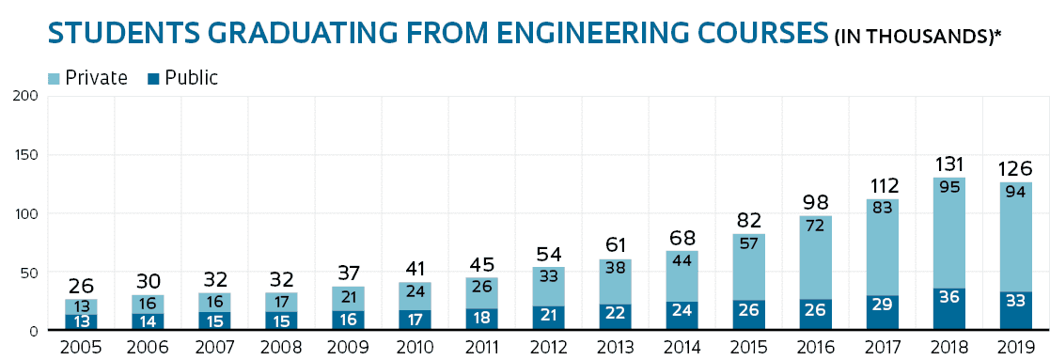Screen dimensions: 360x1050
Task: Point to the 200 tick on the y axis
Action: (x=25, y=96)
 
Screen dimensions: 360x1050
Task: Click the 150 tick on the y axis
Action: (x=25, y=155)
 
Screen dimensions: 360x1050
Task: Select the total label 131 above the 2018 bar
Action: (x=949, y=164)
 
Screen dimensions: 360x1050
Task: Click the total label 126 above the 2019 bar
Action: (x=1016, y=169)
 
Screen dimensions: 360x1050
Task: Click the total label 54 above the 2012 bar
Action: (x=549, y=255)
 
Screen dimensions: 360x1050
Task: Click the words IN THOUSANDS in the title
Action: (x=910, y=38)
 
